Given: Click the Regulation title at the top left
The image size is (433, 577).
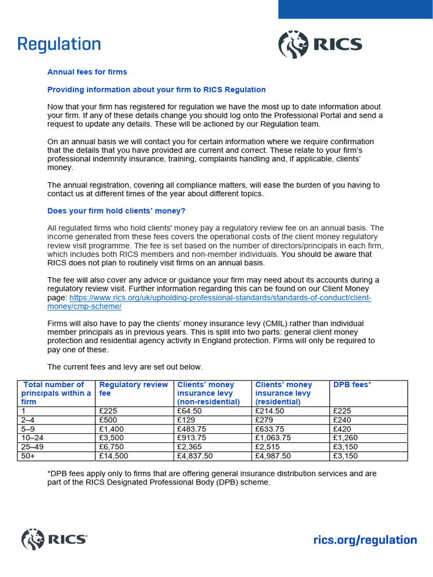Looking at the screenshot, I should tap(59, 44).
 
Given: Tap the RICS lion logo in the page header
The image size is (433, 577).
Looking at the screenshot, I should tap(294, 45).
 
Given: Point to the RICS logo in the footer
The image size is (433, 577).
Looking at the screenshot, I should tap(54, 539).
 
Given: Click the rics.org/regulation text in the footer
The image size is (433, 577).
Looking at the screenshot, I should tap(365, 540).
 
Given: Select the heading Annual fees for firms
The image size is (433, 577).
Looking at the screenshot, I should tap(87, 72).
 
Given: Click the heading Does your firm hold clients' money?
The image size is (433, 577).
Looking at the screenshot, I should tap(117, 211).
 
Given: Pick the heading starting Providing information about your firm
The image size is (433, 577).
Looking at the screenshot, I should tap(156, 90).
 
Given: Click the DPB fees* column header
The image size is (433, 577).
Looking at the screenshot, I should tap(352, 385).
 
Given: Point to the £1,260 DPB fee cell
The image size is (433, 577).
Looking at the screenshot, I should tap(346, 438).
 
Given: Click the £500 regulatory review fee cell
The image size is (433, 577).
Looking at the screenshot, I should tap(108, 420).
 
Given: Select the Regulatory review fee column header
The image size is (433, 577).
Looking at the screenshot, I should tap(134, 389).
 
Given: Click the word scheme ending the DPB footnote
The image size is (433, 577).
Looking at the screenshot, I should tap(256, 482).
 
